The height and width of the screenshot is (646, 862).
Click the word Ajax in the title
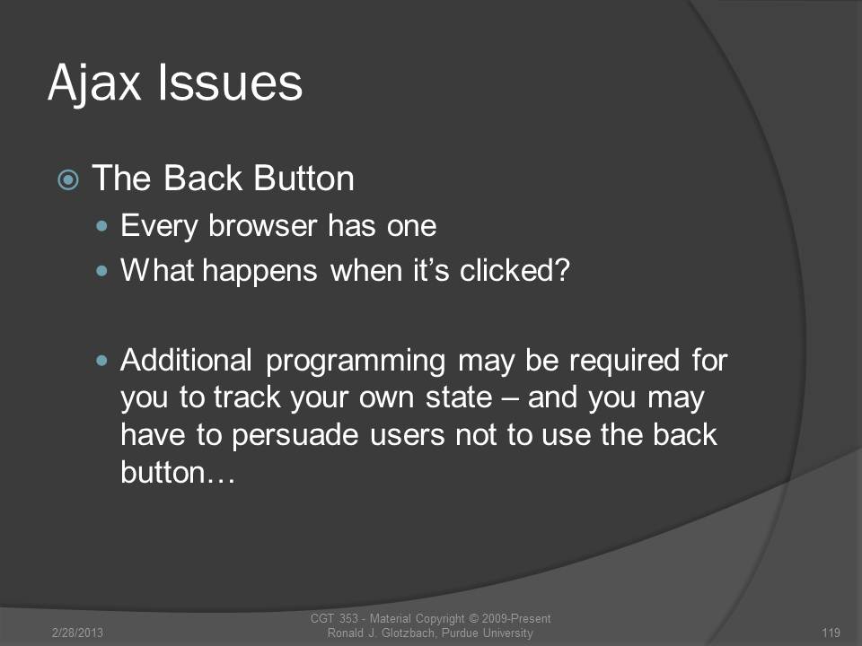click(x=94, y=83)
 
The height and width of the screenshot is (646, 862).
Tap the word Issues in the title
click(x=231, y=83)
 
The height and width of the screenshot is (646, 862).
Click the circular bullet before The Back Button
click(x=68, y=179)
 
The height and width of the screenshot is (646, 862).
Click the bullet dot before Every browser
click(x=101, y=226)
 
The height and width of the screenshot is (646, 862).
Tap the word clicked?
click(x=515, y=270)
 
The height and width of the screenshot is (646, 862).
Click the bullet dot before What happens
click(x=101, y=271)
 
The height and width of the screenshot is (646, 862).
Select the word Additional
click(x=187, y=361)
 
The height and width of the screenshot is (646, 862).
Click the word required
click(x=625, y=362)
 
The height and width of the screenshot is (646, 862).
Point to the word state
click(x=459, y=397)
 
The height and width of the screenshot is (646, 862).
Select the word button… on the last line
click(x=178, y=472)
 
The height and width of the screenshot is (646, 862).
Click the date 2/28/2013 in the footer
click(x=77, y=633)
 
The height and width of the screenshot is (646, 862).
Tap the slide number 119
click(x=831, y=633)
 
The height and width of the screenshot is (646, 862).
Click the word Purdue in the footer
click(x=460, y=633)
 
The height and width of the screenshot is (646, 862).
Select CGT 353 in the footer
click(x=334, y=618)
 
